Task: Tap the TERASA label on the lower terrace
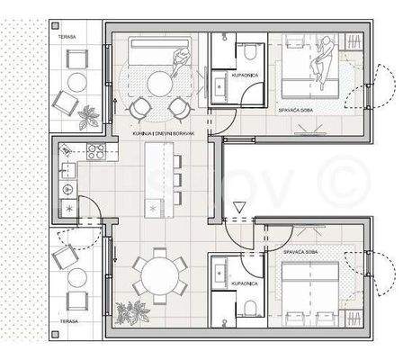(64, 319)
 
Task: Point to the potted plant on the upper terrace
(87, 116)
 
